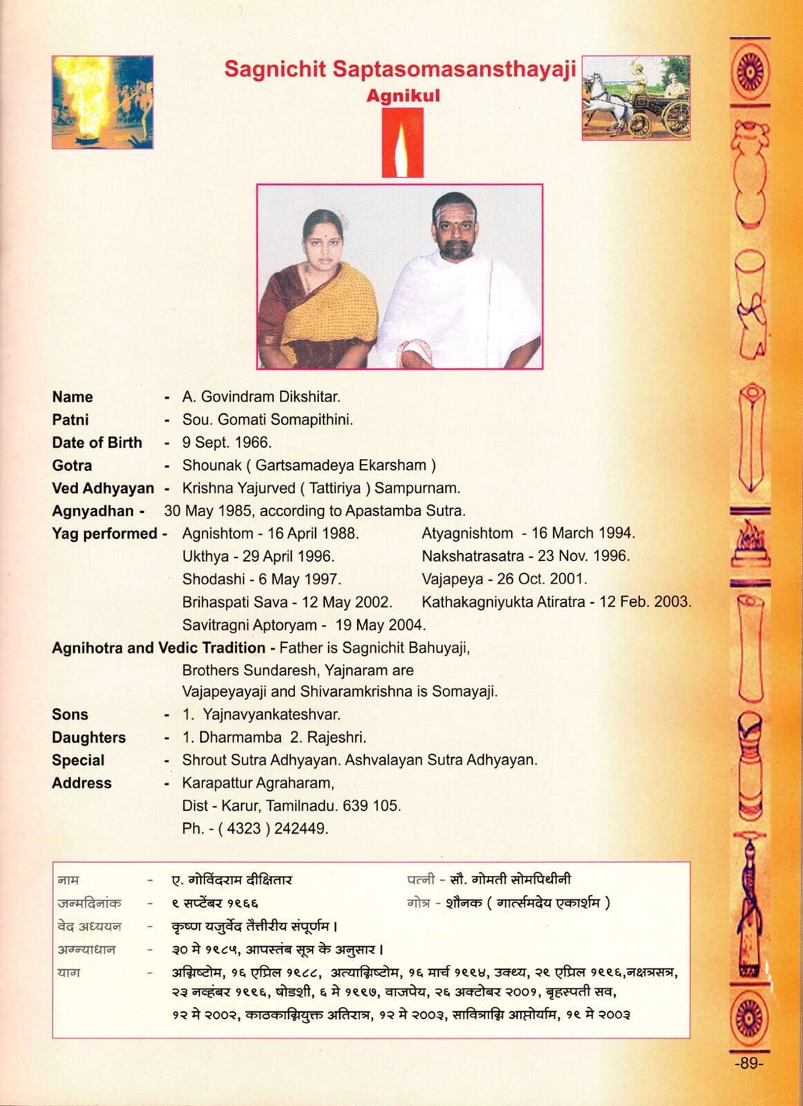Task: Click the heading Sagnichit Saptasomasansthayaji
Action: (x=400, y=70)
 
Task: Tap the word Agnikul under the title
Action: (x=402, y=95)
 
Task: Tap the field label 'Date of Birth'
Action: (x=97, y=442)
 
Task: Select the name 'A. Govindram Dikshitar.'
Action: (x=261, y=397)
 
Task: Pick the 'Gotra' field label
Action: (x=72, y=465)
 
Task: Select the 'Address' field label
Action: (x=82, y=782)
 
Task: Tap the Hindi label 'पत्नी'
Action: (x=420, y=880)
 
